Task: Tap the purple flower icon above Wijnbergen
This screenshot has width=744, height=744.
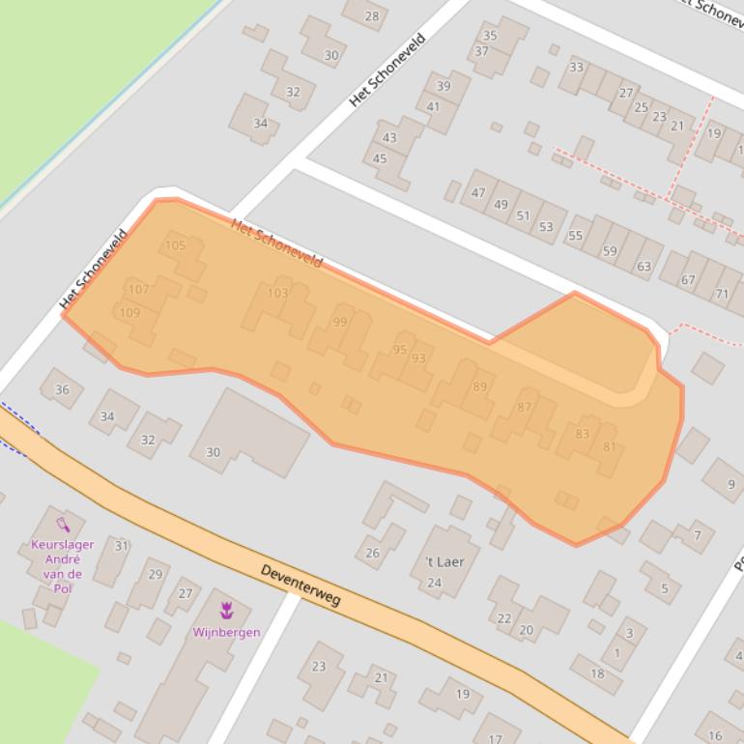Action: (x=227, y=610)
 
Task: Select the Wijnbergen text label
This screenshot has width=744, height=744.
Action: (x=227, y=632)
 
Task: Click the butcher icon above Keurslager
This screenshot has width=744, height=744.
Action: (x=63, y=525)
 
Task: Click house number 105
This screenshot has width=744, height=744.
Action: (x=175, y=245)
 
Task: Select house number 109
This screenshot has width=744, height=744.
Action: (x=129, y=312)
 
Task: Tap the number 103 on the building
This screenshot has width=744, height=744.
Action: (x=277, y=293)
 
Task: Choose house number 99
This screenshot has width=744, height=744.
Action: (x=339, y=322)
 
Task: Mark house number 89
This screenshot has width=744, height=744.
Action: (x=480, y=386)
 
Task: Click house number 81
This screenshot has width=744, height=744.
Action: (x=609, y=446)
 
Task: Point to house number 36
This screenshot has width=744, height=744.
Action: (x=63, y=389)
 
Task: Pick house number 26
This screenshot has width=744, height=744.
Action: (x=373, y=553)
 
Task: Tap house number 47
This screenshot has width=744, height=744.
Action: (x=478, y=192)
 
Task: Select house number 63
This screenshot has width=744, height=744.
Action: (x=644, y=266)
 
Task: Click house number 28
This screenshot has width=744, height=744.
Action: (x=372, y=15)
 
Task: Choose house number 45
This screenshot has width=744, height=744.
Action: (x=380, y=158)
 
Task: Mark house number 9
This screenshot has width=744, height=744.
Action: (x=730, y=484)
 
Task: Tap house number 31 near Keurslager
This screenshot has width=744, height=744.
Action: (x=122, y=546)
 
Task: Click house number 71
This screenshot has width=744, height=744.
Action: (x=722, y=293)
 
